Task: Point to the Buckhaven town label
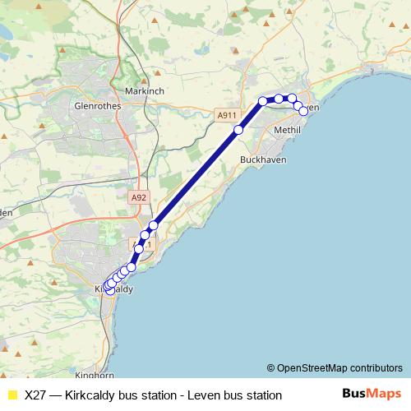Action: (x=263, y=159)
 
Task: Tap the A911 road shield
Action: (x=228, y=116)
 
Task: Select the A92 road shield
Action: (x=141, y=197)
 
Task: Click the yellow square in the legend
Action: (x=12, y=395)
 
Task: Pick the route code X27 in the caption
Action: (x=35, y=395)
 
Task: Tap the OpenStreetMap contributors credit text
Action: (x=339, y=368)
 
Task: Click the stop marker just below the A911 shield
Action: (x=239, y=130)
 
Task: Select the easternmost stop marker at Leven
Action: (x=303, y=110)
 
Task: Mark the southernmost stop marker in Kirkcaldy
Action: (x=110, y=291)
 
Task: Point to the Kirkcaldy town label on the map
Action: (x=114, y=289)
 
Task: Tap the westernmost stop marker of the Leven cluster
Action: (x=263, y=101)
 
